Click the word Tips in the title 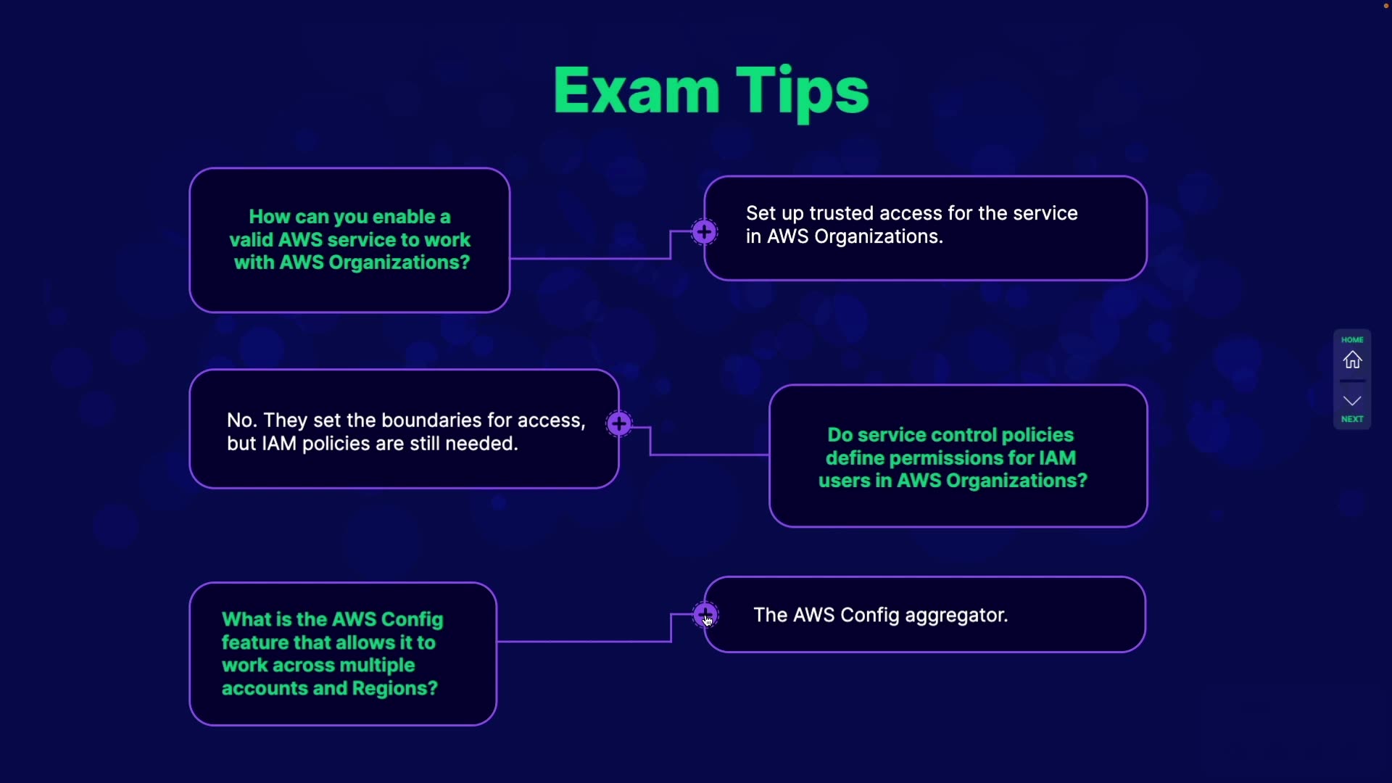(803, 94)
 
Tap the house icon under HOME (1352, 360)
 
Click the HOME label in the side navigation (1352, 339)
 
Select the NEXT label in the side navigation (1352, 419)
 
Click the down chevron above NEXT (1352, 401)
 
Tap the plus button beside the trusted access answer (704, 233)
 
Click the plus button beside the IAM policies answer (619, 424)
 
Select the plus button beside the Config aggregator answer (705, 615)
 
